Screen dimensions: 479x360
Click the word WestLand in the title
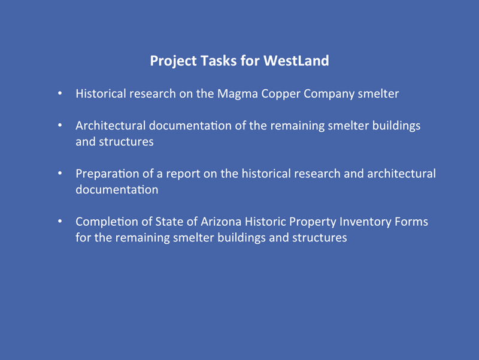click(296, 60)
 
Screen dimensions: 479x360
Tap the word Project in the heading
click(173, 61)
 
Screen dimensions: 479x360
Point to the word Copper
click(281, 94)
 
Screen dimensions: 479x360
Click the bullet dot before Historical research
click(60, 93)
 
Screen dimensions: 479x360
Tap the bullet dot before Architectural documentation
click(60, 125)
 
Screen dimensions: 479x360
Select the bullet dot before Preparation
click(60, 173)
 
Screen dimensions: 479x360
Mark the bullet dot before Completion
click(60, 221)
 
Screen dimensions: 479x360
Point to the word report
click(183, 174)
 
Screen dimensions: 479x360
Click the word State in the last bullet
click(168, 222)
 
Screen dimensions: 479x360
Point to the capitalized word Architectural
click(111, 126)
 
